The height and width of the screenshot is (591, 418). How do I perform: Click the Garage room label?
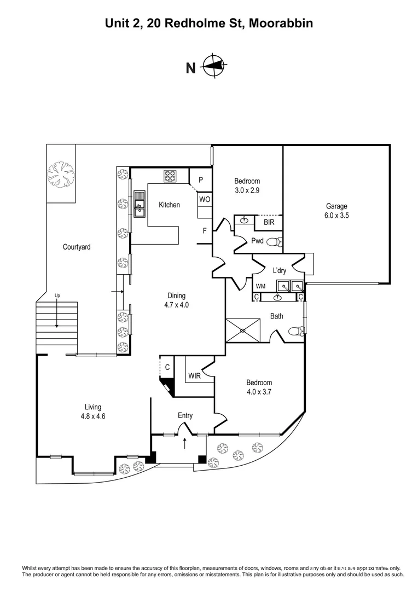pos(337,206)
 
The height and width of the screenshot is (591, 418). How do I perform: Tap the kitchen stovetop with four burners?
pos(170,176)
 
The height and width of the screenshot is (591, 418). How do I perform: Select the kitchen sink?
pos(139,202)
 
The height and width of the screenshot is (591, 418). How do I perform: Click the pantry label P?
pos(201,180)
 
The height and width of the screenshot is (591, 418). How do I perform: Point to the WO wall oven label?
pos(204,200)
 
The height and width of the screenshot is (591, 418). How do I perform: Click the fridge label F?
pos(205,231)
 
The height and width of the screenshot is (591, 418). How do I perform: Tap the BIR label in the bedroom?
pos(269,223)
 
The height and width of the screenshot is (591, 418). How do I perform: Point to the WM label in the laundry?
pos(260,286)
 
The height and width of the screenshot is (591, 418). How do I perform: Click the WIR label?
pos(194,376)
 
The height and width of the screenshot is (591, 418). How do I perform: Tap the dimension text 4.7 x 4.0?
pos(177,305)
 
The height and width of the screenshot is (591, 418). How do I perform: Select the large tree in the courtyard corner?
pos(60,176)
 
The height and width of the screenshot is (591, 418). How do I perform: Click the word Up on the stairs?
pos(57,296)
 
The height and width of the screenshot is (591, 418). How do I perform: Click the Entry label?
pos(185,415)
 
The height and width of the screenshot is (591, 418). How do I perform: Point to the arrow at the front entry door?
pos(185,443)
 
